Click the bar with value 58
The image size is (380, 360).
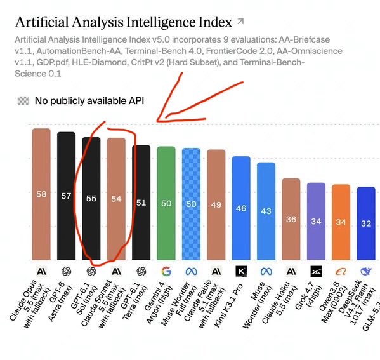(41, 194)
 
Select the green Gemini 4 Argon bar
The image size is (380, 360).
(166, 203)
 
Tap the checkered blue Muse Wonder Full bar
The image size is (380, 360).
(191, 204)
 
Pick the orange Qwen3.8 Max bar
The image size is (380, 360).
(341, 222)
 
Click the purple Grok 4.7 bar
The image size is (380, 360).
(316, 222)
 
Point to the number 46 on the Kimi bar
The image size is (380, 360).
(241, 208)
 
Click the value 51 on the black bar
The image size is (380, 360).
(141, 203)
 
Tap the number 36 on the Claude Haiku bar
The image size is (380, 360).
(291, 219)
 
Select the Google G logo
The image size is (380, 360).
(166, 272)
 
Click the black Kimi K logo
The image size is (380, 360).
(241, 271)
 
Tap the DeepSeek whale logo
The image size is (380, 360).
(365, 272)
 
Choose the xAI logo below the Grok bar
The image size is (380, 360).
(316, 271)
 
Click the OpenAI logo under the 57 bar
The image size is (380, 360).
(66, 271)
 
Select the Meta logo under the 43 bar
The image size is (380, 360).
(266, 272)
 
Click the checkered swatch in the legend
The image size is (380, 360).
(23, 101)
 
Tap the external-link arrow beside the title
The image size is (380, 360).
(240, 22)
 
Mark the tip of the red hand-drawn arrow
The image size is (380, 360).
(157, 121)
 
